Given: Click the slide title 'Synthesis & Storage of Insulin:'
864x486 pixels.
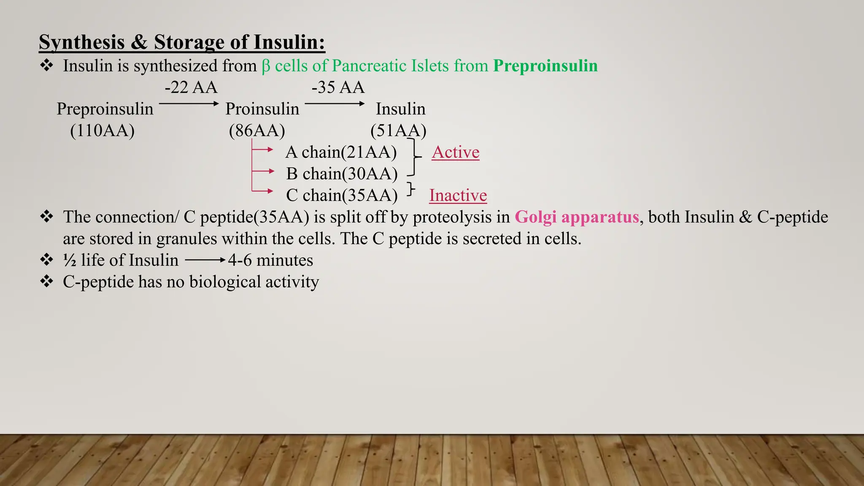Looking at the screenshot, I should pos(182,42).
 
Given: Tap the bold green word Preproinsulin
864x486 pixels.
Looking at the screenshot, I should pos(545,66).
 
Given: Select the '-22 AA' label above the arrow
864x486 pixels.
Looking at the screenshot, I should pos(191,87).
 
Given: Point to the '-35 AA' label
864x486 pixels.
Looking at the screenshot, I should pos(338,87).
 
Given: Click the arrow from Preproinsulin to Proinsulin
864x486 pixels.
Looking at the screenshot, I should pos(189,103).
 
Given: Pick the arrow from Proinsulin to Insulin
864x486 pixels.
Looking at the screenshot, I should pos(335,103).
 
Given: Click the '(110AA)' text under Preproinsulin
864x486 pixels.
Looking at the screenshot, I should pos(102,130).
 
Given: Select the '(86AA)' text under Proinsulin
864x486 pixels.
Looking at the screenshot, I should pos(257,130).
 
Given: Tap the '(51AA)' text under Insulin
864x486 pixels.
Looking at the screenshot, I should pos(398,130).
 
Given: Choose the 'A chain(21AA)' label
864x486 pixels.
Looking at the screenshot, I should pos(341,152).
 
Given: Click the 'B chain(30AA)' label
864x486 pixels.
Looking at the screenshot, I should pos(342,173).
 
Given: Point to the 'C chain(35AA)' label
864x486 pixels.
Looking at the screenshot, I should pos(342,195).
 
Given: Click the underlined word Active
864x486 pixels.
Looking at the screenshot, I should pos(456,152).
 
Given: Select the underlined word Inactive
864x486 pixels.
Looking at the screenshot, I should pos(458,195).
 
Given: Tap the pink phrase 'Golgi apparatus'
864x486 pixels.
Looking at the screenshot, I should pos(577,217).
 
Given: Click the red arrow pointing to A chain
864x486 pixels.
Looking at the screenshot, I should pos(264,149).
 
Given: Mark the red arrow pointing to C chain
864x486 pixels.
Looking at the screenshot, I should pos(264,191).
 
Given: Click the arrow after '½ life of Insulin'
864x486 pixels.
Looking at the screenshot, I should pos(205,260).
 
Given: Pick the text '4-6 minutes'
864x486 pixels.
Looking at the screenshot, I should pos(270,260).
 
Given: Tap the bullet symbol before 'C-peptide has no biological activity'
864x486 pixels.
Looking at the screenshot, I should pos(46,281).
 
